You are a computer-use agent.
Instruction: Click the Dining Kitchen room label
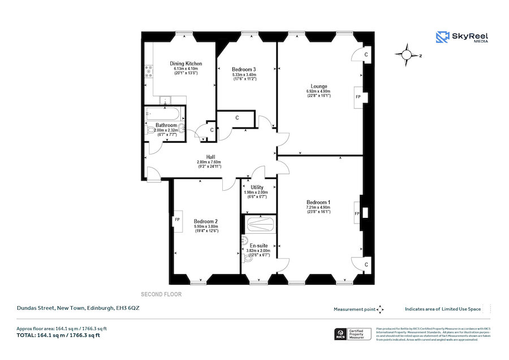coord(186,63)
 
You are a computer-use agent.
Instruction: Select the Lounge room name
coord(318,86)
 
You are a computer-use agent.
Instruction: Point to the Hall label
coord(210,157)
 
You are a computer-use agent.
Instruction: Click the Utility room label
coord(257,187)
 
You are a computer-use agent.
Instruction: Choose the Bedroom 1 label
coord(318,203)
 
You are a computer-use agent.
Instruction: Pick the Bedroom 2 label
coord(205,221)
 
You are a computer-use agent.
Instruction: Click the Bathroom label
coord(167,125)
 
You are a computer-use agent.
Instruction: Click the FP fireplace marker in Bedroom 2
coord(177,220)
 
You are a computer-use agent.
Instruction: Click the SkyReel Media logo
coord(462,37)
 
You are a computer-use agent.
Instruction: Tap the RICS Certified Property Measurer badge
coord(352,334)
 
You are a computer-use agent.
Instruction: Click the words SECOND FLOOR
coord(161,294)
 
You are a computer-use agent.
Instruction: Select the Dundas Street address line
coord(77,308)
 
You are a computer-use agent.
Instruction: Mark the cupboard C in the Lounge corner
coord(366,54)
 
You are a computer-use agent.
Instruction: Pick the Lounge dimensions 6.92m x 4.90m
coord(318,91)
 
